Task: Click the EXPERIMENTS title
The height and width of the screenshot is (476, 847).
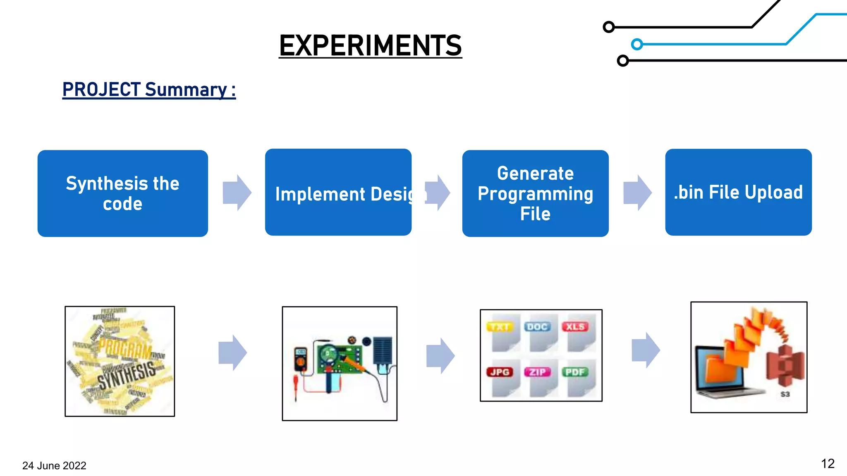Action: click(x=370, y=45)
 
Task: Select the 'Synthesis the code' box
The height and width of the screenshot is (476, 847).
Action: click(x=122, y=193)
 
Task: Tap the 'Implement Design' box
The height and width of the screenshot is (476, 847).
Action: click(x=338, y=193)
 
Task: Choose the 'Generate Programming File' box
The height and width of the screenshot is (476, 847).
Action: click(x=535, y=193)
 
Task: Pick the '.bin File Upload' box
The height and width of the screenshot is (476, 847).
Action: click(x=738, y=193)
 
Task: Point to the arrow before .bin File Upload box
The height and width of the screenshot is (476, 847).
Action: click(x=637, y=193)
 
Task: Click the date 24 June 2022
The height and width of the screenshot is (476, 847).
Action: click(x=54, y=466)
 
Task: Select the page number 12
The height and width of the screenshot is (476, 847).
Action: click(x=828, y=464)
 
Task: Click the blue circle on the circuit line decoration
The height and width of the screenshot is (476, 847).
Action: click(x=637, y=44)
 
